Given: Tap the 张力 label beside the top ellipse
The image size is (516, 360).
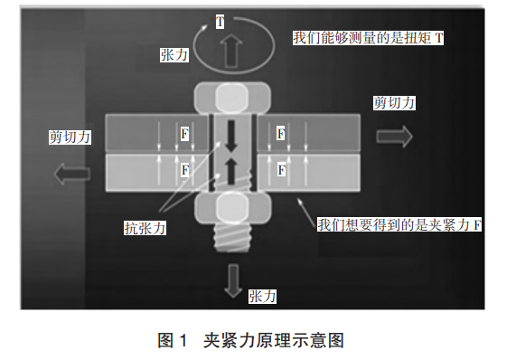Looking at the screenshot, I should click(174, 54).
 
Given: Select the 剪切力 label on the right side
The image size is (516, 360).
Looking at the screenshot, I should click(395, 103).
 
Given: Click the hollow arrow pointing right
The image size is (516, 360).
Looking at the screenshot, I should click(395, 136).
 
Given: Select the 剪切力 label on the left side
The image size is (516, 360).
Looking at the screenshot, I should click(70, 137).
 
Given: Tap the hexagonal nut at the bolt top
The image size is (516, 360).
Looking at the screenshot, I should click(232, 98).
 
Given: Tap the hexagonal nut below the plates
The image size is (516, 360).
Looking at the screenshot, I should click(232, 209).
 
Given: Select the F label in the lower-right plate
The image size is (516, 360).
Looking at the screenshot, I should click(281, 169).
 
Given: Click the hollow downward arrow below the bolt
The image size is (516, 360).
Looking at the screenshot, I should click(233, 281).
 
